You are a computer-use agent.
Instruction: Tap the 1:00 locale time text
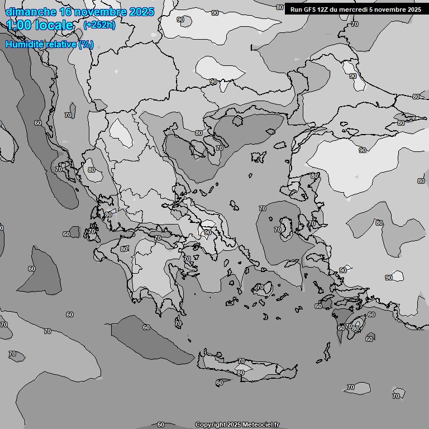40,25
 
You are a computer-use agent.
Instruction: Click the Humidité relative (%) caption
49,44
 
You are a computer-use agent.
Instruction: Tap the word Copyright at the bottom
211,425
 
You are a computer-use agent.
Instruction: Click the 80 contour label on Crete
241,373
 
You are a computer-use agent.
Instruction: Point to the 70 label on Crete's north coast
241,361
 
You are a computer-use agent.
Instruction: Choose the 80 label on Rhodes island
355,329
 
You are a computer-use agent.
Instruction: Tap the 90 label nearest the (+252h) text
180,20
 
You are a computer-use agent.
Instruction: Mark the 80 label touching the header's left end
280,7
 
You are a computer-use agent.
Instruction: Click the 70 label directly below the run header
354,25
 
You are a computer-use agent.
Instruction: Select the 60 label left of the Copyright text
161,425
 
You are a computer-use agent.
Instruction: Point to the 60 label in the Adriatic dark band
38,123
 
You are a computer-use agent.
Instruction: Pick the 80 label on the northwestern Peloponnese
124,249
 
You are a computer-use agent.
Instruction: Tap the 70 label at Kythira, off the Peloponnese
178,323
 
